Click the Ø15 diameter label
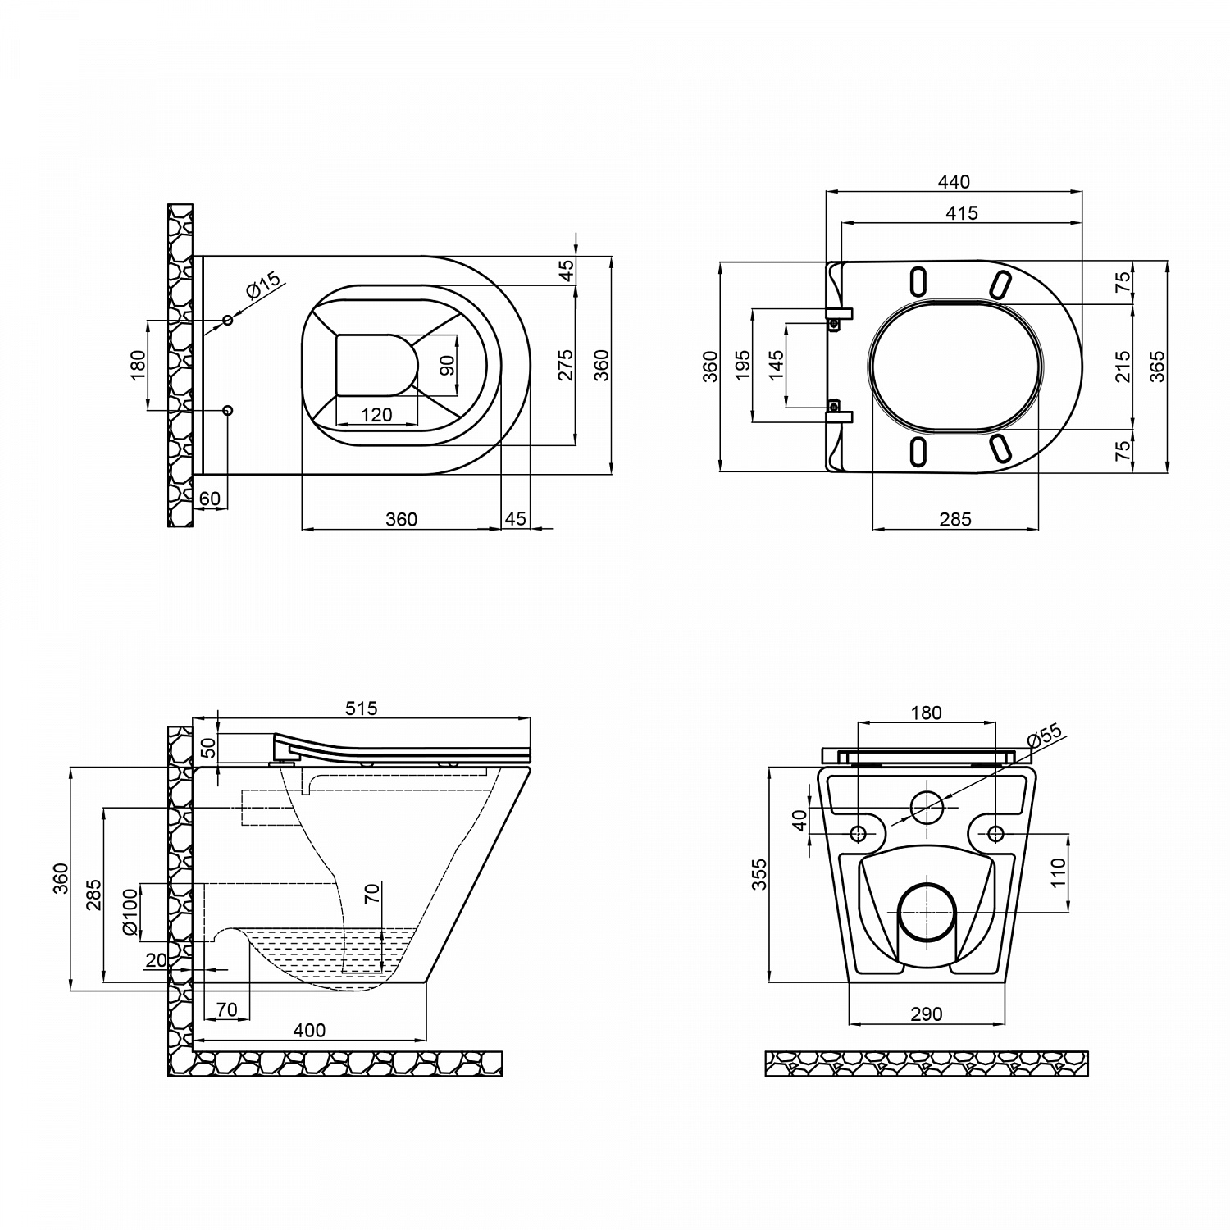click(263, 284)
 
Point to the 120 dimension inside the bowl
click(376, 415)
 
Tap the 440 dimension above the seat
click(953, 181)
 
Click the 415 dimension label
click(961, 212)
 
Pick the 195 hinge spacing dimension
click(743, 365)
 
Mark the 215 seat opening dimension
click(1123, 366)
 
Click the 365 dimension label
click(1156, 366)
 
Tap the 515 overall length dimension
click(361, 708)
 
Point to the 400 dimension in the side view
click(309, 1031)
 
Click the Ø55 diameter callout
click(1043, 736)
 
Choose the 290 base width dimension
click(926, 1014)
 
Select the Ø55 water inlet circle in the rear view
click(927, 808)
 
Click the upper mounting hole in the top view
click(228, 319)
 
